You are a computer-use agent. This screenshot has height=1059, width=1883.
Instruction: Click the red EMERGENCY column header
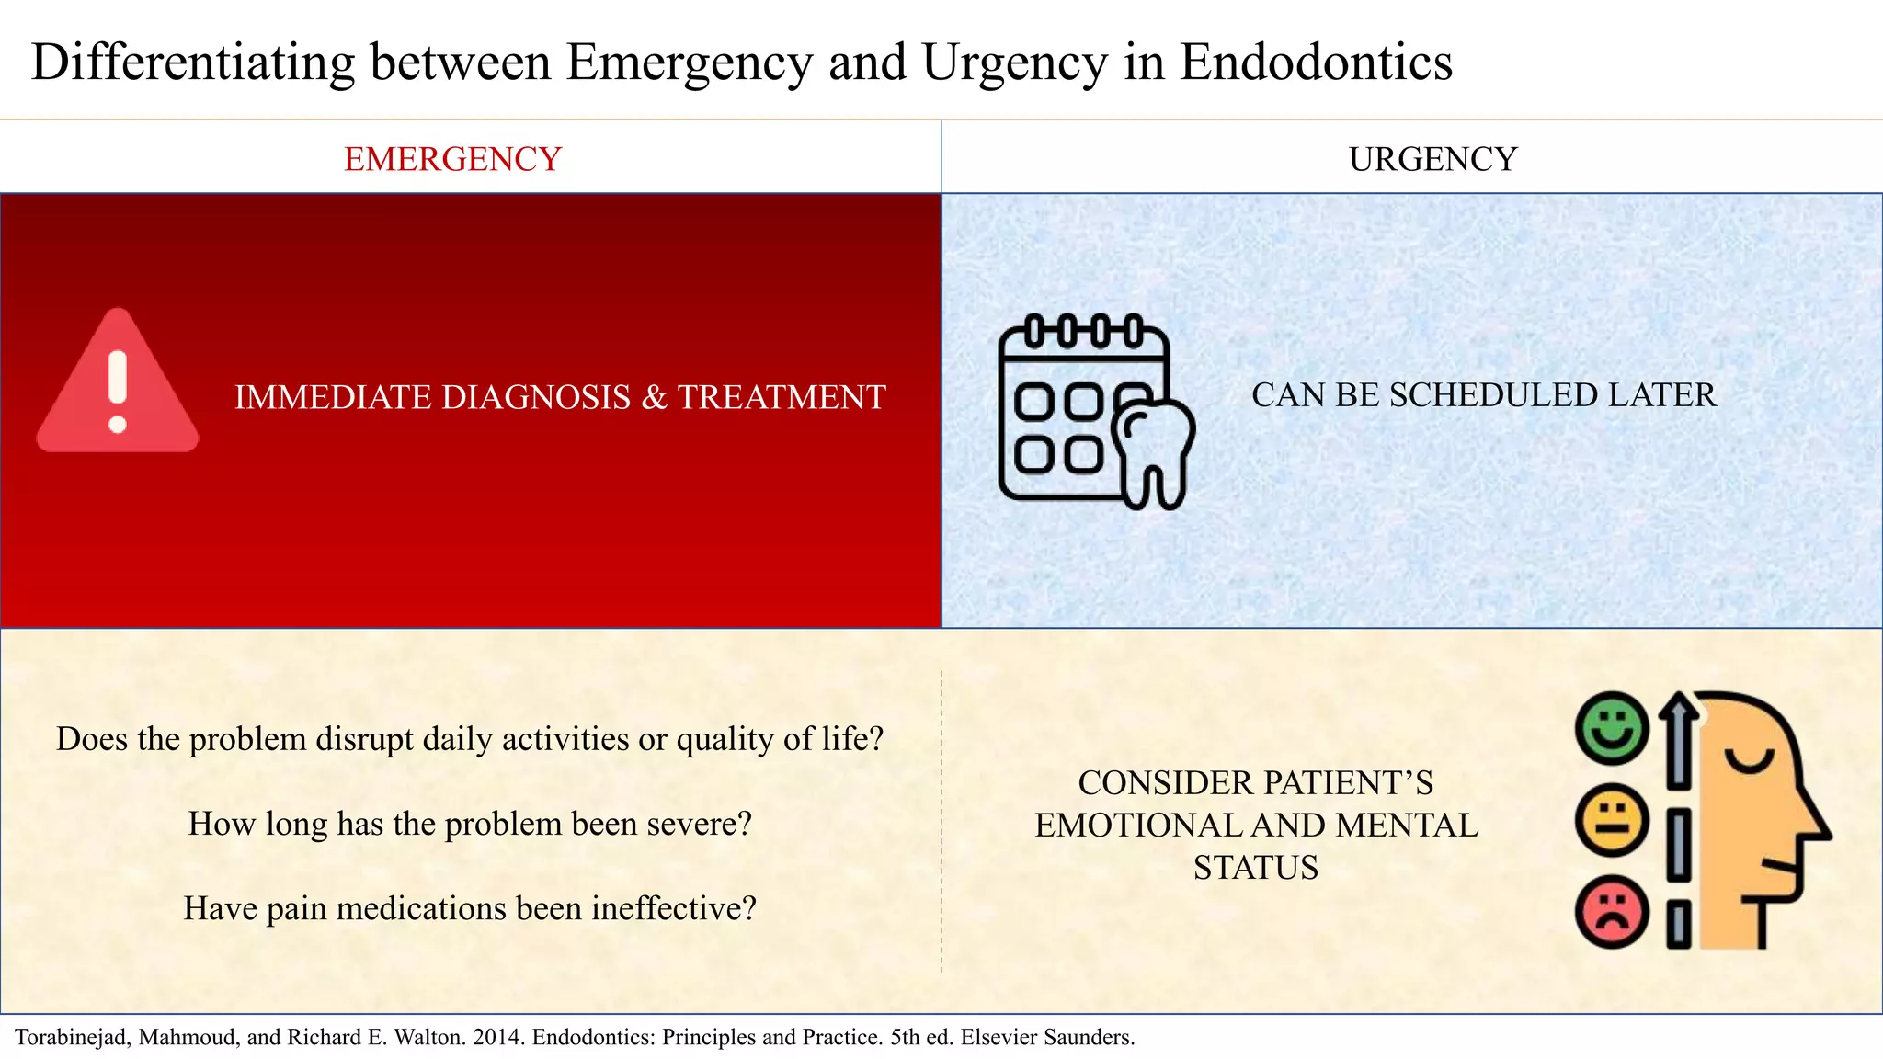(452, 159)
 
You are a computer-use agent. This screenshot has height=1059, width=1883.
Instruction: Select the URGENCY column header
(1432, 159)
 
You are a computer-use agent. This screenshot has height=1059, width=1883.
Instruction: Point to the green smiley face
(1611, 728)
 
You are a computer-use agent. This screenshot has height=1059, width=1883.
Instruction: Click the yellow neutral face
(1611, 820)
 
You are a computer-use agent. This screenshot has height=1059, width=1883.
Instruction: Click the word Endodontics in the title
(1316, 63)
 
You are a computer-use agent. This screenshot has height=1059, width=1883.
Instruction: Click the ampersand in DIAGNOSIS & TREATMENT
(654, 397)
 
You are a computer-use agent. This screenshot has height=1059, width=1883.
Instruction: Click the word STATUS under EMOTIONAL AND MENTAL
(1255, 868)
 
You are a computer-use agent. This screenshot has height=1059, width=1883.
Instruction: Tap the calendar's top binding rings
(1083, 331)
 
